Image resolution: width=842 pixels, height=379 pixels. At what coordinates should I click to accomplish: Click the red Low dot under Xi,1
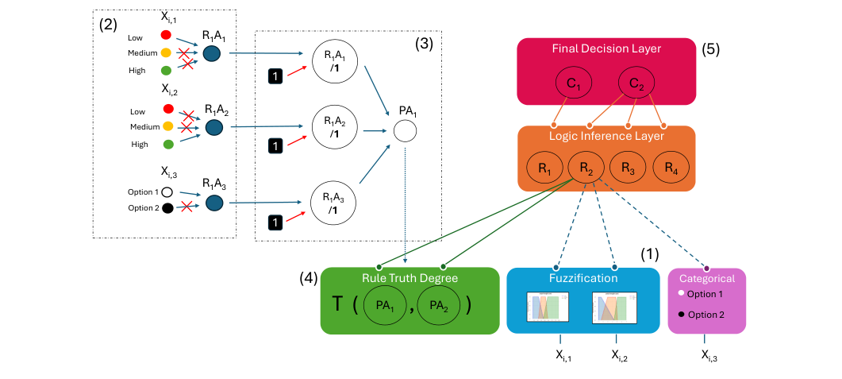click(x=167, y=35)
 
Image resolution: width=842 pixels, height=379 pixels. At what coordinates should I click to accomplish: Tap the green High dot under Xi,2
click(x=167, y=145)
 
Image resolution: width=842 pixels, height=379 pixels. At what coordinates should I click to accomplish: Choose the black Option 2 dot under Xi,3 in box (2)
click(x=167, y=209)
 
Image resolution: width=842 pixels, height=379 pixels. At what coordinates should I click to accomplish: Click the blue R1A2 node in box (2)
click(x=213, y=126)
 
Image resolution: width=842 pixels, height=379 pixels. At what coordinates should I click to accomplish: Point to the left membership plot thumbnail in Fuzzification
click(x=548, y=307)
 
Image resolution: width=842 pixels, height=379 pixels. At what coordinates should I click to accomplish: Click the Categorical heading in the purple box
click(x=707, y=278)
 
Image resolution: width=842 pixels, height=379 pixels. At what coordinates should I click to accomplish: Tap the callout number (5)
click(x=710, y=49)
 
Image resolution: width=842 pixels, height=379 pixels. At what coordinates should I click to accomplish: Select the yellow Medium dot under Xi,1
click(x=167, y=53)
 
